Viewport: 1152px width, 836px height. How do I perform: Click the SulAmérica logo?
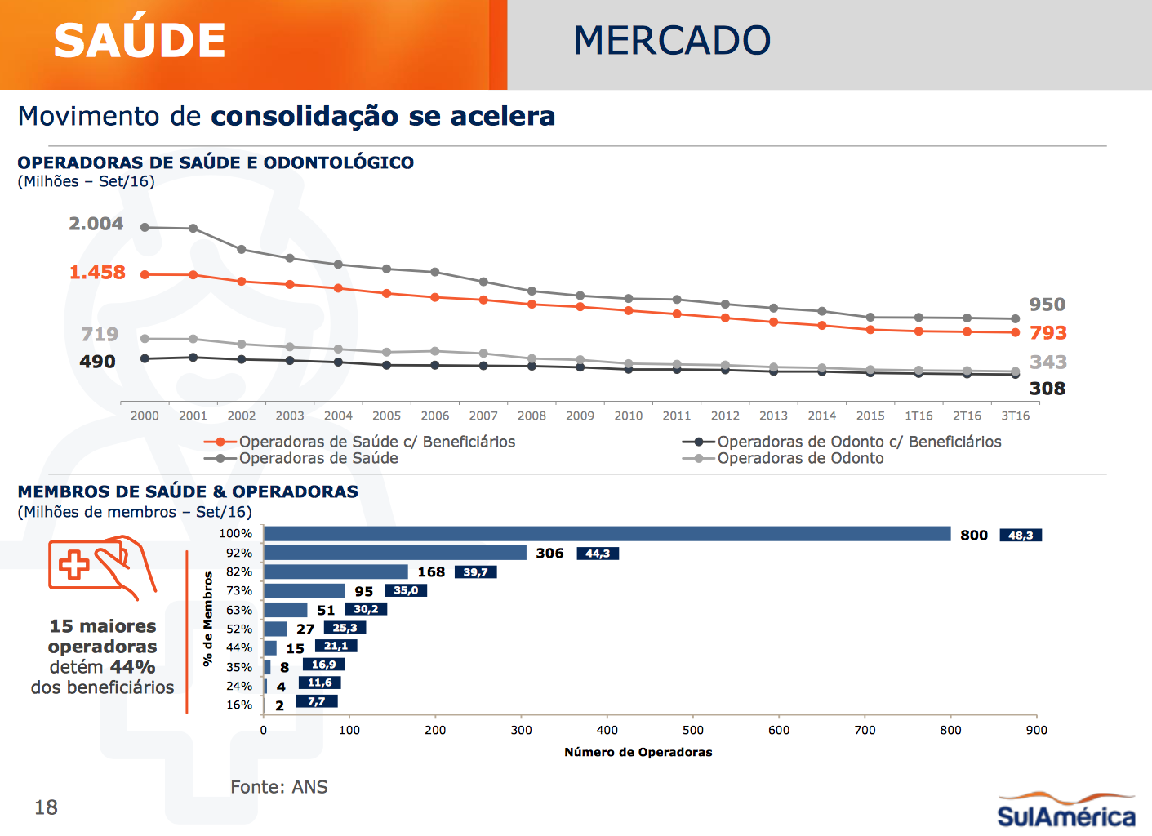tap(1065, 810)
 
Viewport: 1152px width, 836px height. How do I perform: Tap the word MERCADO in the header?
tap(672, 41)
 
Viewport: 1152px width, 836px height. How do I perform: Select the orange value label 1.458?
tap(97, 273)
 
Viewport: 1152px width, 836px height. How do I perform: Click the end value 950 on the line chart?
tap(1047, 305)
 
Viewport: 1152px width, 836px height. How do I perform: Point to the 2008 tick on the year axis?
tap(532, 416)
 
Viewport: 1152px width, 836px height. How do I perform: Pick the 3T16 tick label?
tap(1015, 416)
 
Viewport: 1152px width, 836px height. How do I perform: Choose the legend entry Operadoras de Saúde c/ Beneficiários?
tap(376, 442)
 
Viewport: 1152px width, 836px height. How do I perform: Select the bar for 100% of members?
tap(607, 534)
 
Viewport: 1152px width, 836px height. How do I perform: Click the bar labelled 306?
tap(395, 553)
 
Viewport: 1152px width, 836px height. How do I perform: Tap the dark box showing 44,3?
tap(598, 554)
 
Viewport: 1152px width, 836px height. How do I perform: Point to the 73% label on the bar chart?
tap(239, 590)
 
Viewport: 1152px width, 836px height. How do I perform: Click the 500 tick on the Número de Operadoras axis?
tap(693, 730)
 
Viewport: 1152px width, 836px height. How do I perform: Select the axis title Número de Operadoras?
tap(638, 752)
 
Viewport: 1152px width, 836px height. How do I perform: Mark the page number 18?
tap(46, 807)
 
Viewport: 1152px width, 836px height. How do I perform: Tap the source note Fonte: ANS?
tap(279, 787)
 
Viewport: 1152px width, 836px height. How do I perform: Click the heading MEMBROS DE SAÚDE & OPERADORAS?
tap(188, 491)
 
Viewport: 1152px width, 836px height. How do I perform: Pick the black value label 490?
tap(97, 362)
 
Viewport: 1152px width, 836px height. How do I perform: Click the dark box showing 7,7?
tap(316, 701)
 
